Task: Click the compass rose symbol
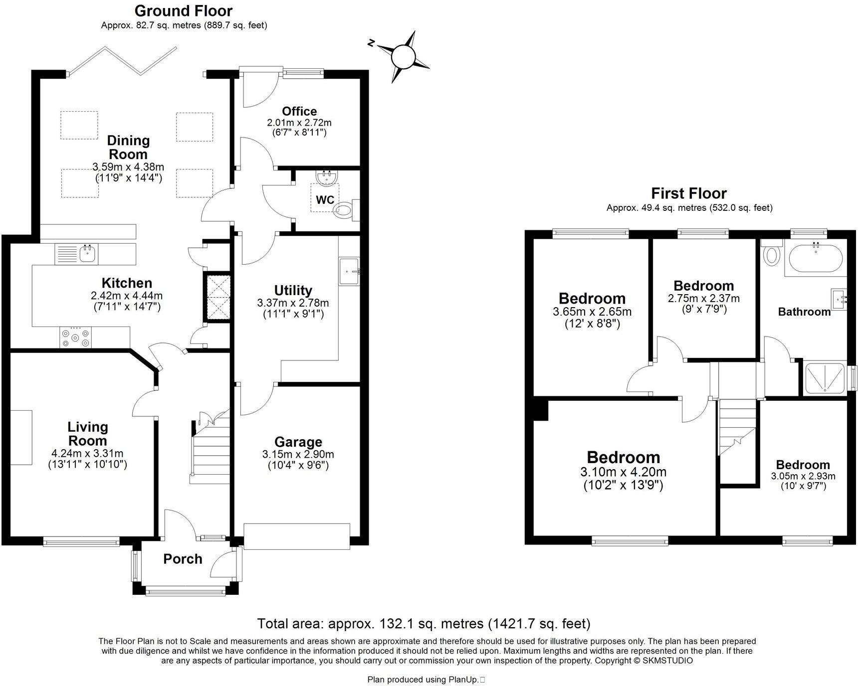(x=404, y=56)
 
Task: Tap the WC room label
(x=325, y=200)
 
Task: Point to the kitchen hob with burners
(x=75, y=338)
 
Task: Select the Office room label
(x=299, y=111)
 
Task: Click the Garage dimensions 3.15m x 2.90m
(x=298, y=454)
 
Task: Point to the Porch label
(x=183, y=559)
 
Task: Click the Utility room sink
(x=350, y=272)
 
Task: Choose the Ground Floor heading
(x=184, y=10)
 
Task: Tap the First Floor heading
(x=689, y=193)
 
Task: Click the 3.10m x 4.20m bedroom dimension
(x=623, y=472)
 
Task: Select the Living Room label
(x=87, y=434)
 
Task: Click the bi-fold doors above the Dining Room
(x=122, y=61)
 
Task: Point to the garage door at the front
(x=297, y=536)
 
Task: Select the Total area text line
(x=424, y=624)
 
